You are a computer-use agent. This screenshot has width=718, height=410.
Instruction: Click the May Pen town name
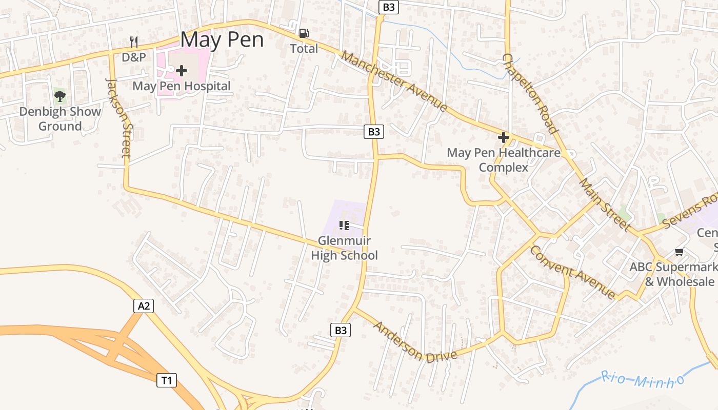[222, 39]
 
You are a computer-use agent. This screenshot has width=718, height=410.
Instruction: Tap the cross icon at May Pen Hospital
[182, 71]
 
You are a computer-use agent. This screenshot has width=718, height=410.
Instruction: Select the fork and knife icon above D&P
[134, 42]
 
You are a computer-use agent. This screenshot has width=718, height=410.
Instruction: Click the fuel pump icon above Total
[304, 34]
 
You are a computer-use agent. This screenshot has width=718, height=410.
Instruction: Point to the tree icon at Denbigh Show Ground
[60, 95]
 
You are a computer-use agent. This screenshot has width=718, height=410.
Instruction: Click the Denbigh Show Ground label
[60, 119]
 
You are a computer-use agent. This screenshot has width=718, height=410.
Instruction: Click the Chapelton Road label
[530, 93]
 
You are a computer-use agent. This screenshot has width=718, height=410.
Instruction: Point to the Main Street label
[605, 204]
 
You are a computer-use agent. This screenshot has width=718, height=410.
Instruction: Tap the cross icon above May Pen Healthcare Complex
[503, 137]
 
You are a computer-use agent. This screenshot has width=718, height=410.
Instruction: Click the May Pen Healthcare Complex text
[504, 160]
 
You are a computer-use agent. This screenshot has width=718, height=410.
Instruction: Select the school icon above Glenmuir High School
[344, 225]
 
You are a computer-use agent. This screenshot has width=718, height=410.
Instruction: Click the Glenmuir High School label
[344, 248]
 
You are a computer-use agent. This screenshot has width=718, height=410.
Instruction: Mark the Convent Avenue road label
[572, 272]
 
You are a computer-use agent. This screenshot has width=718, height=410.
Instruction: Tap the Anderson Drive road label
[414, 342]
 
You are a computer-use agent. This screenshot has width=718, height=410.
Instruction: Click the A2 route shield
[144, 306]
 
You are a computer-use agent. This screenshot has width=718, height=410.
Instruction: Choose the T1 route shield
[166, 380]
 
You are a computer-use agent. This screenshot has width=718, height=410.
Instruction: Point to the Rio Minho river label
[643, 380]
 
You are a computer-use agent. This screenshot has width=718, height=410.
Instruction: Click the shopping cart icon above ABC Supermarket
[680, 252]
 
